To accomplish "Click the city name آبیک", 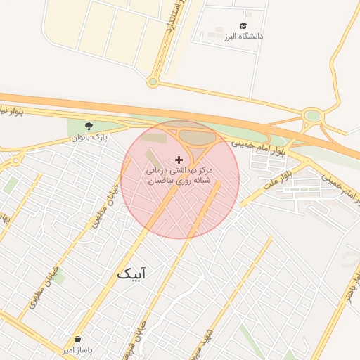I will coord(131,274).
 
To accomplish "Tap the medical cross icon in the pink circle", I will coord(179,160).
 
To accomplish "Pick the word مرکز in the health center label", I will coord(205,171).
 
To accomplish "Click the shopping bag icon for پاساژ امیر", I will coord(77,339).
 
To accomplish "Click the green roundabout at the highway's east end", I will coord(313,115).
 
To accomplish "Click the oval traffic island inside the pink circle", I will coord(198,137).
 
